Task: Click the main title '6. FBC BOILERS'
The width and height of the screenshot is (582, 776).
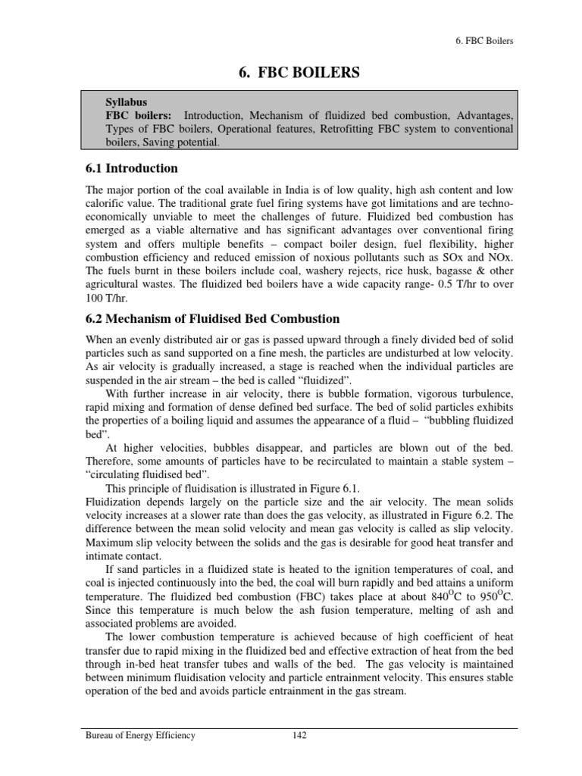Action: (291, 73)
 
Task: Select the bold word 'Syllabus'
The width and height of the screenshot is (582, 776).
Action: (127, 102)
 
